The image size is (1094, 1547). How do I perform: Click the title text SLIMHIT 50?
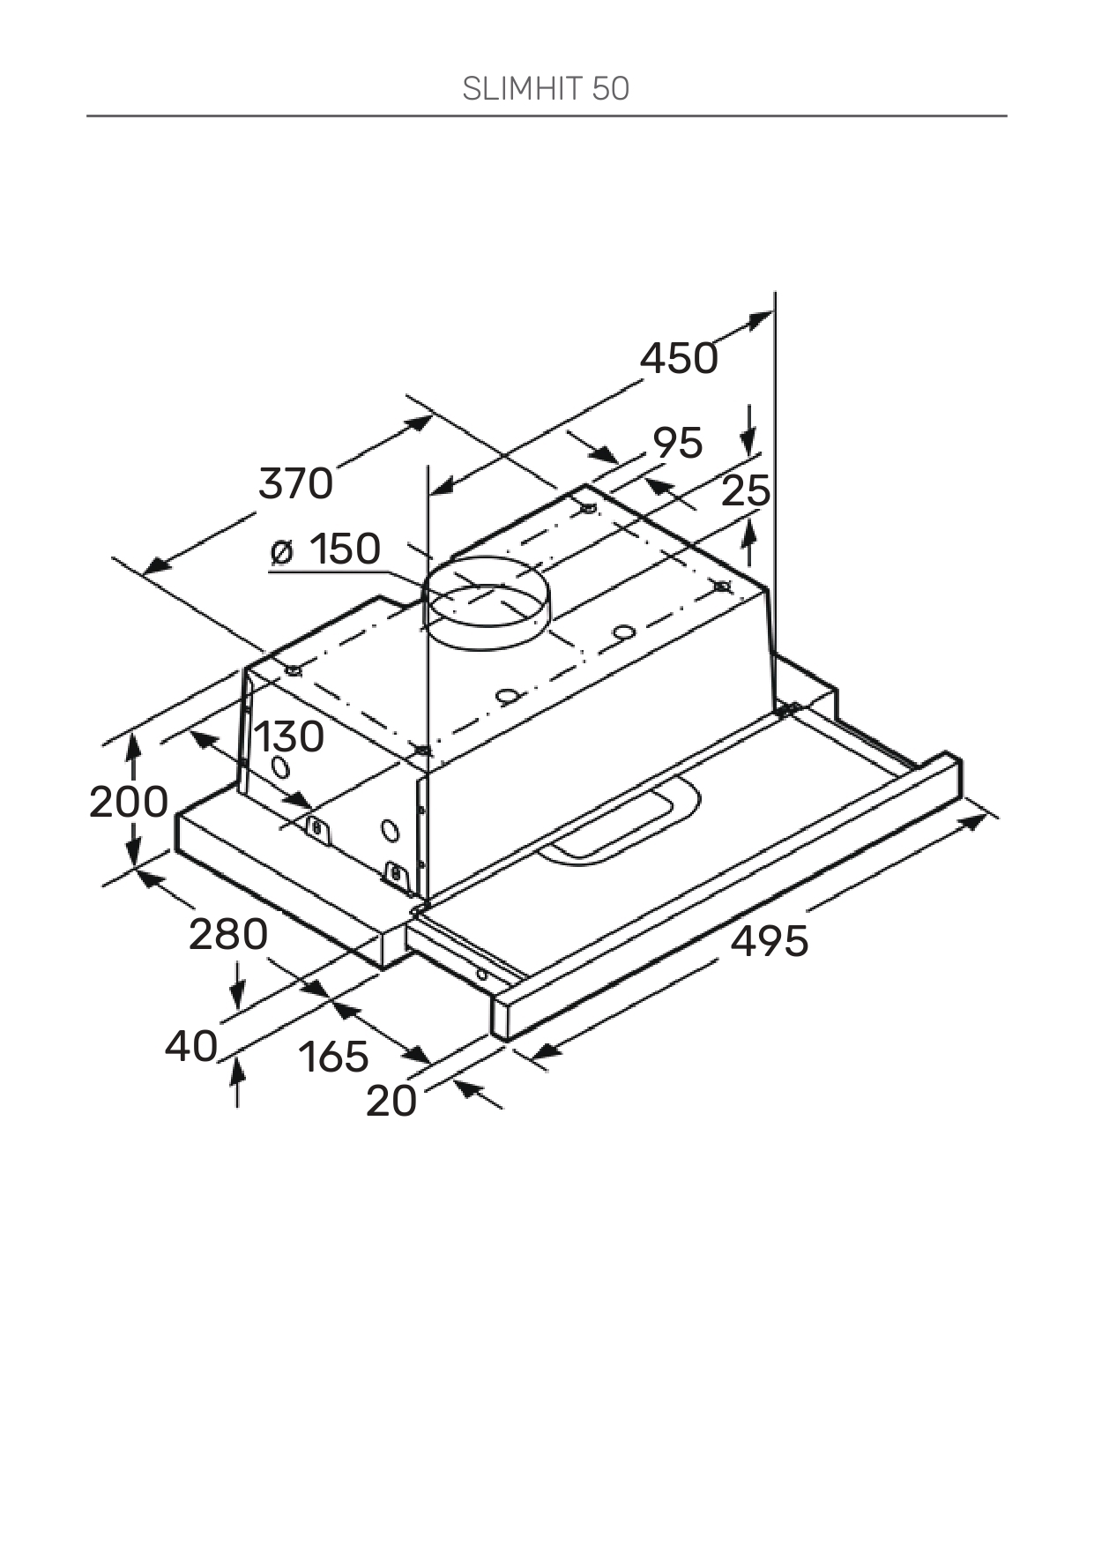pos(546,89)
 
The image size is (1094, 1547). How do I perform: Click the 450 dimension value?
pos(679,359)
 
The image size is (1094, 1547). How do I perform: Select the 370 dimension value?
pos(296,484)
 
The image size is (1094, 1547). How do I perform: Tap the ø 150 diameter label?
pos(326,549)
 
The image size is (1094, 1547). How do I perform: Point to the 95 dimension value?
pos(678,443)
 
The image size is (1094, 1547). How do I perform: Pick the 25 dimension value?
pos(746,491)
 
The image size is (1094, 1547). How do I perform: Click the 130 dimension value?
pos(289,737)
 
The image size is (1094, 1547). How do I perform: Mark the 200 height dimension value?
pos(129,803)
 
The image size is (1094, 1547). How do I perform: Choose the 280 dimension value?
pos(228,935)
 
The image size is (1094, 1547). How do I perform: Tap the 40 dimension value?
pos(191,1047)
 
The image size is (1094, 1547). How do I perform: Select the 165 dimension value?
pos(333,1057)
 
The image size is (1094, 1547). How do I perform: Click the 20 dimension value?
pos(391,1102)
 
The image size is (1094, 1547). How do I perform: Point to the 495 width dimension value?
pos(770,941)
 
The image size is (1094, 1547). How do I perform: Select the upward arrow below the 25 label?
pos(749,542)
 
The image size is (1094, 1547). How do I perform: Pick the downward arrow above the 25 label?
pos(748,429)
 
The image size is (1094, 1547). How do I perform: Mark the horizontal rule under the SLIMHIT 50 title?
pos(547,116)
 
